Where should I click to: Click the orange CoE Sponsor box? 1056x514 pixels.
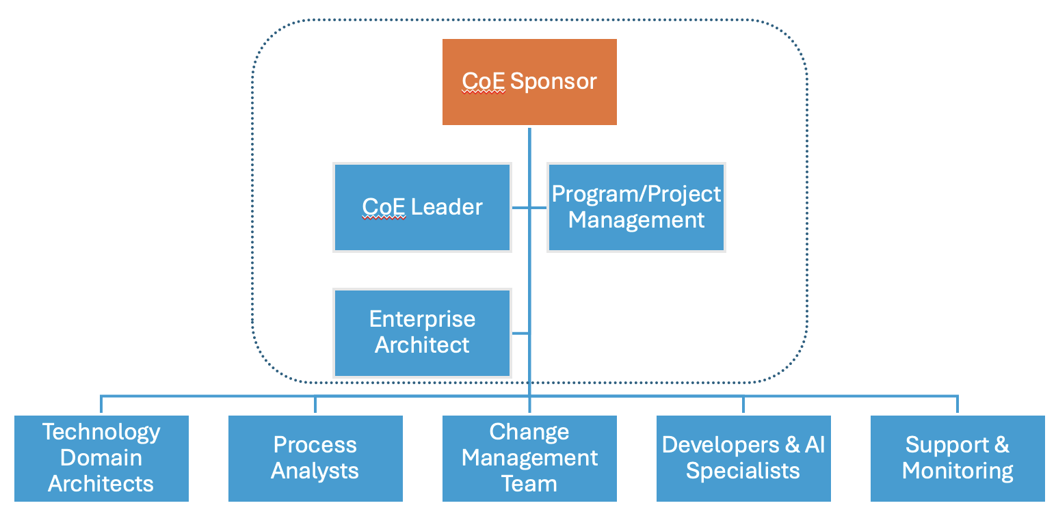point(529,82)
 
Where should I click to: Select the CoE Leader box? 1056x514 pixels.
point(423,207)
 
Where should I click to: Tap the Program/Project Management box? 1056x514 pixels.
point(637,207)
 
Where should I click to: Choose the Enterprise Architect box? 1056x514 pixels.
point(423,333)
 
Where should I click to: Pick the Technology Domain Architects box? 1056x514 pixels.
point(101,459)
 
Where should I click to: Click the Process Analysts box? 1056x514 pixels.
point(315,459)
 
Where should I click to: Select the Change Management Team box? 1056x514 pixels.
point(529,459)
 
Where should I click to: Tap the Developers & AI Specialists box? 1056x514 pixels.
point(743,459)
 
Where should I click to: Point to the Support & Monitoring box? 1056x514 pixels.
point(958,459)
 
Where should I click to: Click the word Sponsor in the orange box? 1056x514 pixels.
point(553,82)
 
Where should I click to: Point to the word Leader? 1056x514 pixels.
point(447,207)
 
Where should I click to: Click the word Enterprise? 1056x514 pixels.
point(423,320)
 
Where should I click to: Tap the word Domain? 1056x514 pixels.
point(101,458)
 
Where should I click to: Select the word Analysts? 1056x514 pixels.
point(315,471)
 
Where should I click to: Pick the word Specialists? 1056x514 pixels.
point(743,471)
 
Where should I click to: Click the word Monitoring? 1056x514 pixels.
point(958,472)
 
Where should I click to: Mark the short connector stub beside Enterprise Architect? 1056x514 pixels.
point(520,333)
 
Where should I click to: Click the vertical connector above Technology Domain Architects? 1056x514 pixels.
point(101,405)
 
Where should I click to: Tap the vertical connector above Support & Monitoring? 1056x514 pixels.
point(958,405)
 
